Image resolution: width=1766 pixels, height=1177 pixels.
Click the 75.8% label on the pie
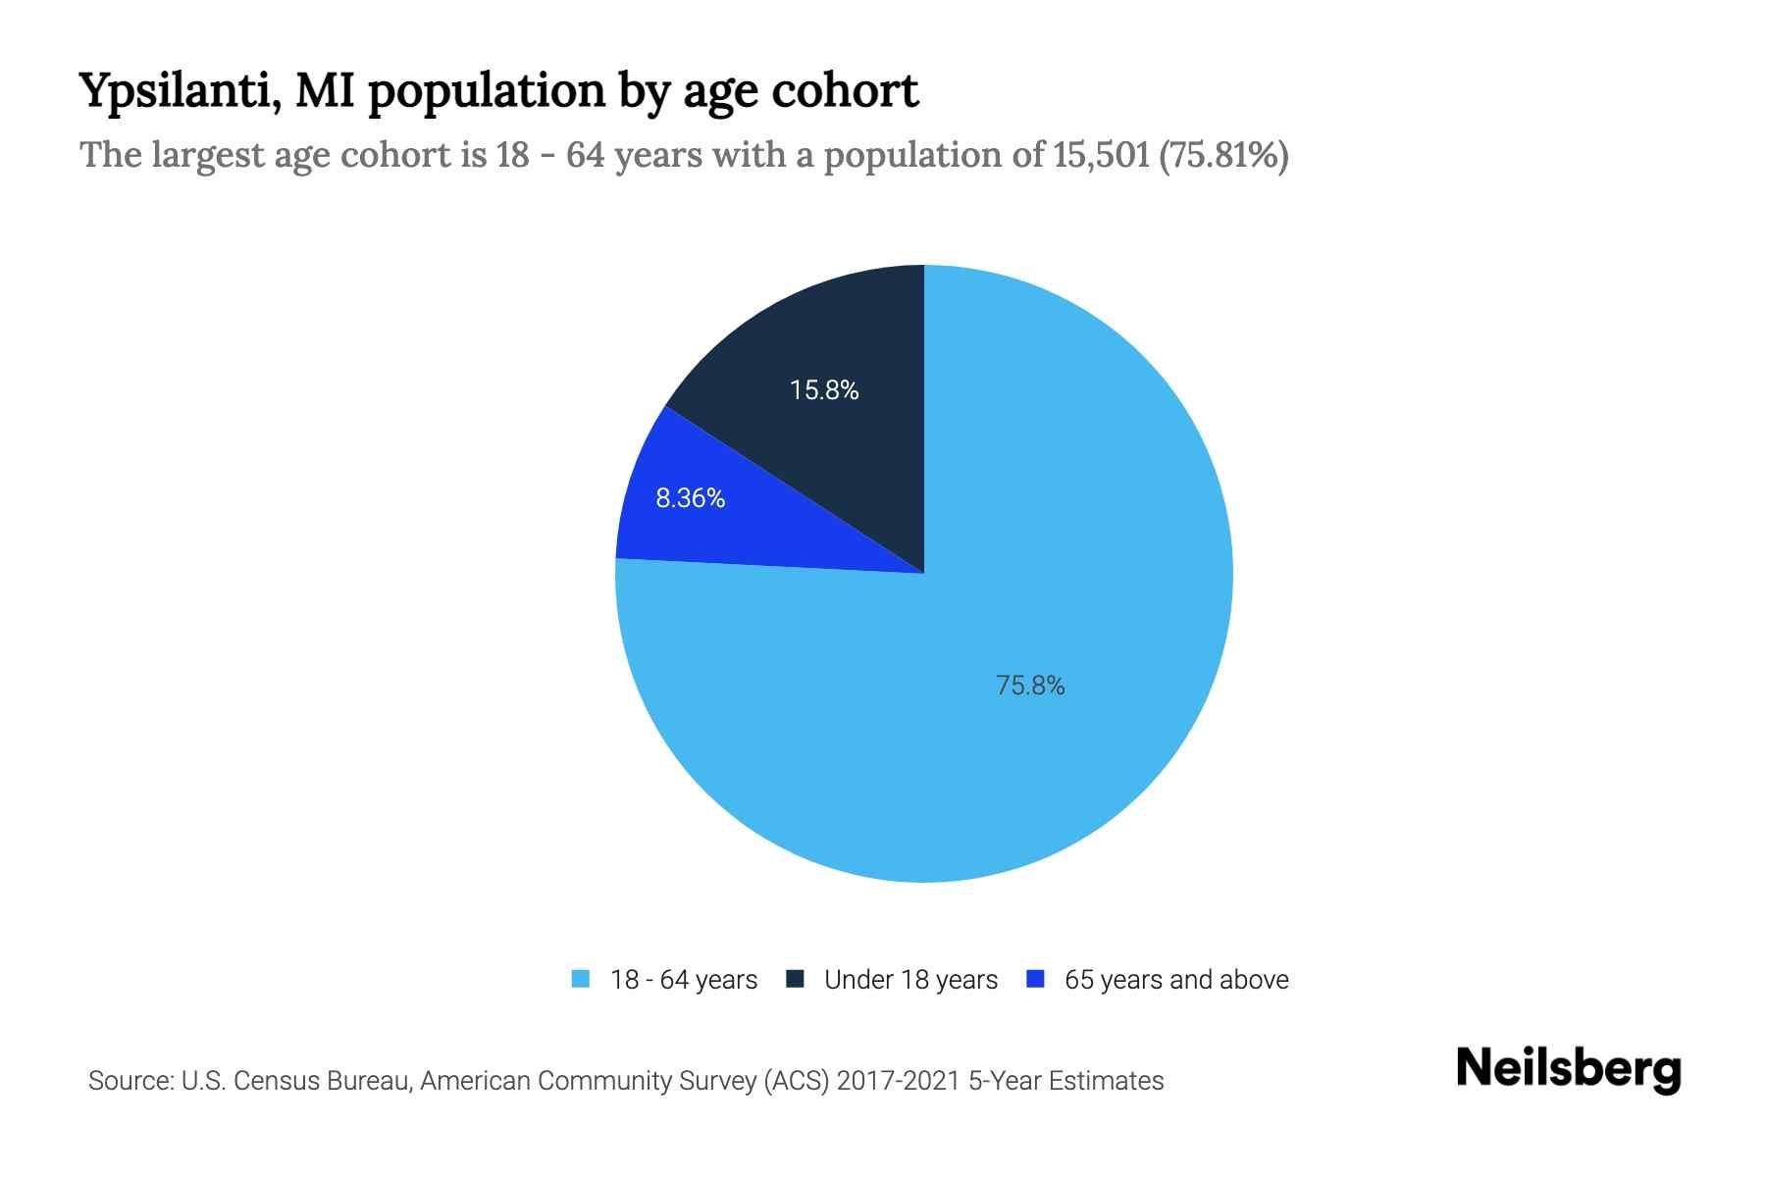tap(1030, 686)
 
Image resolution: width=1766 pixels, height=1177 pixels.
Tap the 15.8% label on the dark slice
tap(824, 390)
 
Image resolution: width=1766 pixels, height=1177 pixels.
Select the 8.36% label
tap(690, 498)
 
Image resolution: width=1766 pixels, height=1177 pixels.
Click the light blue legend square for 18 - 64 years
tap(581, 979)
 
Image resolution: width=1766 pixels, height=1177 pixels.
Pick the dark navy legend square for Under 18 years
tap(795, 979)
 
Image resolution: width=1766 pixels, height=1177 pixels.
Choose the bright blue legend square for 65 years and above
tap(1034, 979)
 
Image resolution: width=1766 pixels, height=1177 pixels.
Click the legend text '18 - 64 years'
tap(684, 980)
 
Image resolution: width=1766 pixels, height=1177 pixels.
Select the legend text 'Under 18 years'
tap(910, 980)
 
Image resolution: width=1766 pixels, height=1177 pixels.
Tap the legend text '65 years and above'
tap(1176, 980)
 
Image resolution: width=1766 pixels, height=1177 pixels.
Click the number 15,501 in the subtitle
tap(1101, 155)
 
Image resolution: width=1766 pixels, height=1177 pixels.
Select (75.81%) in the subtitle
tap(1223, 155)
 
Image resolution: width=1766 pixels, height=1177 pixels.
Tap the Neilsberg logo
tap(1568, 1069)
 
